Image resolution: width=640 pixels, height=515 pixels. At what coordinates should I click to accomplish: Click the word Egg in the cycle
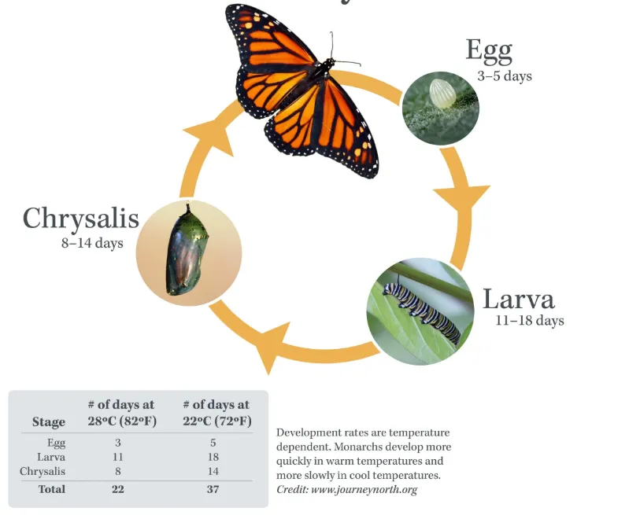489,50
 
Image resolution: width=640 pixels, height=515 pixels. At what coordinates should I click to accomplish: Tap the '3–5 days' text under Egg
504,76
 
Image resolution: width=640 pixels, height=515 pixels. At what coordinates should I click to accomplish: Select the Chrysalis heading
80,218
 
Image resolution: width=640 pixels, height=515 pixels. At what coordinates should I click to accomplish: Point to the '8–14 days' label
92,243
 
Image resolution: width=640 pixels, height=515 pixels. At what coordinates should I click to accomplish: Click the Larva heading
518,300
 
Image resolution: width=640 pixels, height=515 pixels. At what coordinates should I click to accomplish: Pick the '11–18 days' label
529,321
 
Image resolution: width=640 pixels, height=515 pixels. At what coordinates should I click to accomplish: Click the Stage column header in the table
49,421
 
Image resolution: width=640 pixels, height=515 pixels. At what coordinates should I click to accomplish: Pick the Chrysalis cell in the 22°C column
213,472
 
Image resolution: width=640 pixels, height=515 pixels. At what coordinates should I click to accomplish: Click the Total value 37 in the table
213,489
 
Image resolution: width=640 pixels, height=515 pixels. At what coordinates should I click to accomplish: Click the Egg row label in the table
56,443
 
